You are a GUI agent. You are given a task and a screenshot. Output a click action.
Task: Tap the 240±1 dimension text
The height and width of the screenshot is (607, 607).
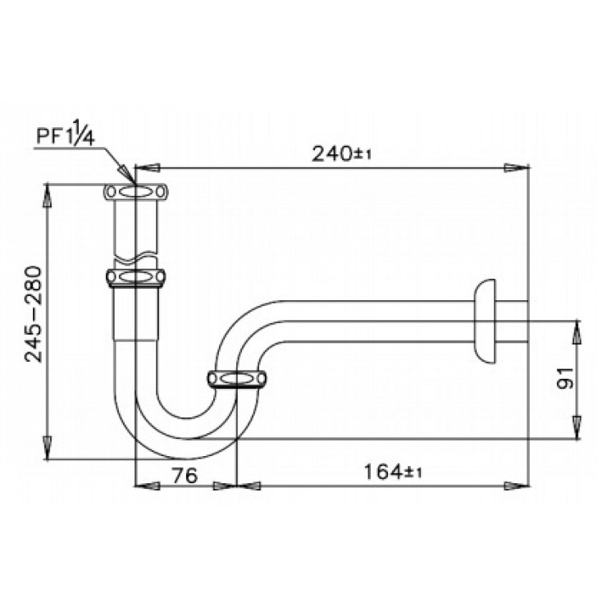click(x=341, y=154)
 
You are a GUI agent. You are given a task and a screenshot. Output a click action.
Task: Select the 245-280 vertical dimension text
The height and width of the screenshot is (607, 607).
click(x=34, y=313)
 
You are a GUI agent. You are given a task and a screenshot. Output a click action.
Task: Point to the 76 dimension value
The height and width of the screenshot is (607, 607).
click(x=185, y=475)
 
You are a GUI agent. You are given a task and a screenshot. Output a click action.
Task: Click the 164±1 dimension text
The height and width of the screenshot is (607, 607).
click(x=393, y=472)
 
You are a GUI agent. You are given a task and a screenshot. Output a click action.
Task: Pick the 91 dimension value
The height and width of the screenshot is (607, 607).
click(x=565, y=377)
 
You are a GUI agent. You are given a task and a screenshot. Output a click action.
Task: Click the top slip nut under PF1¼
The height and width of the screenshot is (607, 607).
click(x=136, y=192)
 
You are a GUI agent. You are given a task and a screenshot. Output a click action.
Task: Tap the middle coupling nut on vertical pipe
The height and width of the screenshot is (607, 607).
click(x=135, y=277)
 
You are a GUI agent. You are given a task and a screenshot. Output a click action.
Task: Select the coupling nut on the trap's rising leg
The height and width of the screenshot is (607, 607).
click(x=236, y=379)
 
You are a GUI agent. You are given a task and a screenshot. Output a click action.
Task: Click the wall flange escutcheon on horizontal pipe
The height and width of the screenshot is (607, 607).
click(x=484, y=321)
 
